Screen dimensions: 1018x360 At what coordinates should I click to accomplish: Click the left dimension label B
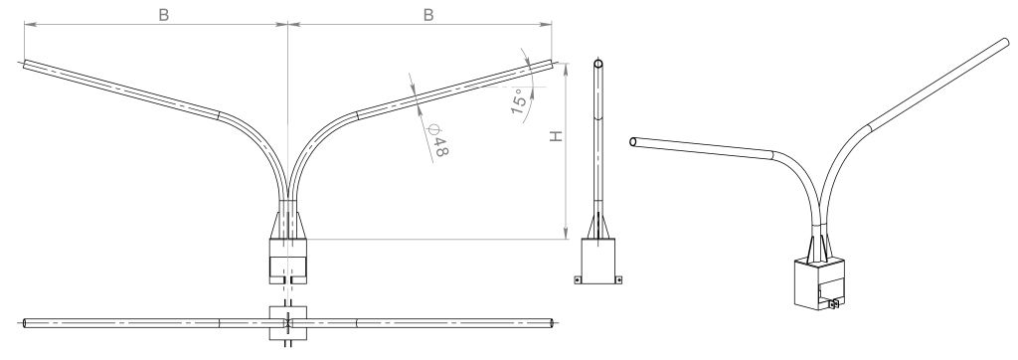(164, 15)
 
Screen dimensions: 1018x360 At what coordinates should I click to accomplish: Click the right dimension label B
(428, 15)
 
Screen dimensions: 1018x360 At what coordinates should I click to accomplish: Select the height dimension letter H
(556, 136)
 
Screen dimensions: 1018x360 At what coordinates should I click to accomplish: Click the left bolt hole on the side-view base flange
(578, 280)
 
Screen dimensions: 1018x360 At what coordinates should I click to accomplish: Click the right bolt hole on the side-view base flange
(618, 280)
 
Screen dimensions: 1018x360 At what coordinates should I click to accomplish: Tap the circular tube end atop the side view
(598, 64)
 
